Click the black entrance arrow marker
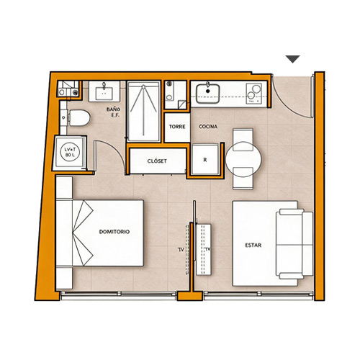(x=292, y=59)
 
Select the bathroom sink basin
(x=104, y=93)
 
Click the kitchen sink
(x=207, y=94)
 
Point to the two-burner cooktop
(x=254, y=94)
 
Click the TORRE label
(x=177, y=127)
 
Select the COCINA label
(x=208, y=126)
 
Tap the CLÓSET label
(x=157, y=161)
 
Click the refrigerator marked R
(x=205, y=159)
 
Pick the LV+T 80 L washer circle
(x=70, y=152)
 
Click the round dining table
(x=243, y=159)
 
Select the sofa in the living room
(x=294, y=244)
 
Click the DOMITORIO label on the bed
(x=114, y=232)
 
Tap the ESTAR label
(x=253, y=245)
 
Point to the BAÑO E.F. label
(x=114, y=112)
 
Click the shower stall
(x=143, y=112)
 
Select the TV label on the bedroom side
(x=181, y=250)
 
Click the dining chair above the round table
(x=243, y=139)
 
